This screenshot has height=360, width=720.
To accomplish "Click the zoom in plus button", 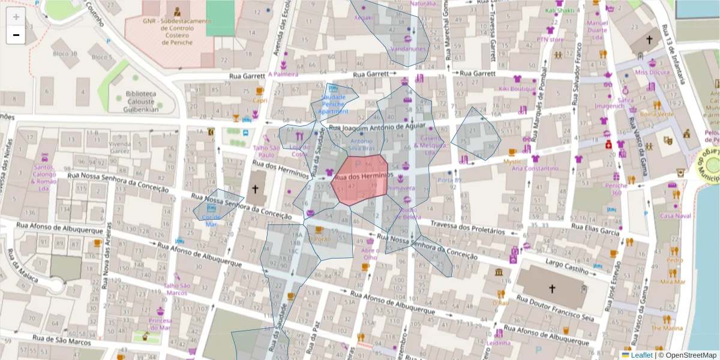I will point(16,17).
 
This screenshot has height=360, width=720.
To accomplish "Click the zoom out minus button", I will point(16,35).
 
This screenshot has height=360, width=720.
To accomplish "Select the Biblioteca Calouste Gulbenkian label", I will point(141,101).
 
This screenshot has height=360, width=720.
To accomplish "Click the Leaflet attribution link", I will point(641,355).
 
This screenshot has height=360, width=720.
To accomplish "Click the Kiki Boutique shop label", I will point(517,89).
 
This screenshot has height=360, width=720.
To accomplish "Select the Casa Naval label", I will point(676,215).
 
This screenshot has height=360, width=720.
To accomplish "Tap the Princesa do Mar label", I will point(160,324).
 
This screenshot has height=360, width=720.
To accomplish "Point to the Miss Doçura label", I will point(652,73).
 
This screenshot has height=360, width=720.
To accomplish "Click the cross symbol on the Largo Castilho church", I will point(552,289).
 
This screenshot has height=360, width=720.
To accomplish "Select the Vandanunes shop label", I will point(408,49).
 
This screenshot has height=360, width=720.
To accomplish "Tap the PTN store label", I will point(550,40).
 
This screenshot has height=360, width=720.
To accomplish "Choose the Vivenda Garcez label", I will point(119,148).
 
